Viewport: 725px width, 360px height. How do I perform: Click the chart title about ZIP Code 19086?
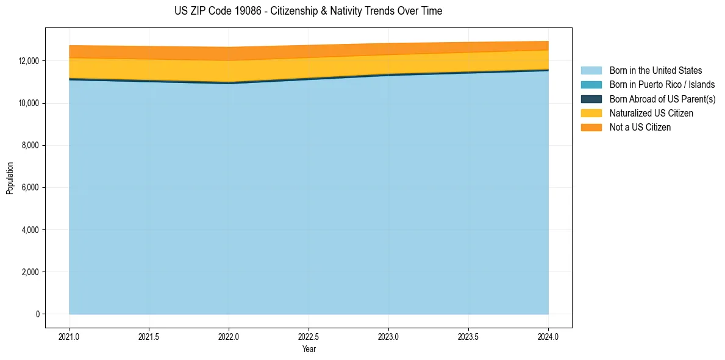point(308,11)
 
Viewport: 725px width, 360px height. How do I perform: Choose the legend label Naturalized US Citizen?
point(651,113)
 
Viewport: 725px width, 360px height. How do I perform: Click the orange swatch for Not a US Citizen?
point(591,128)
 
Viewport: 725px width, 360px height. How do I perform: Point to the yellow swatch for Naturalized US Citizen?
point(591,113)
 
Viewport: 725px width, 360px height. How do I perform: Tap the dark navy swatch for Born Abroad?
point(591,99)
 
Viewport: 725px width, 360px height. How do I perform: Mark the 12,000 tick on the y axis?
point(29,61)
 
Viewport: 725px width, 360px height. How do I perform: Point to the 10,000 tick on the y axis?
point(29,103)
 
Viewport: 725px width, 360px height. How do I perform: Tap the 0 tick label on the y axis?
point(37,314)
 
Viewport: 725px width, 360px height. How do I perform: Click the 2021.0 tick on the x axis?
point(69,336)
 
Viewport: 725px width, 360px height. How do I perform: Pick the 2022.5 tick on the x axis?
point(309,336)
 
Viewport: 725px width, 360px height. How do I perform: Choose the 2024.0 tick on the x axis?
point(548,336)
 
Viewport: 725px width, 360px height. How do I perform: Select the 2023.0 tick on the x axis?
point(388,336)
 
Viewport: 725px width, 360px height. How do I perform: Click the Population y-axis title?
point(10,178)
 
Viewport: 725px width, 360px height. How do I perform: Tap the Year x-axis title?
point(309,350)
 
